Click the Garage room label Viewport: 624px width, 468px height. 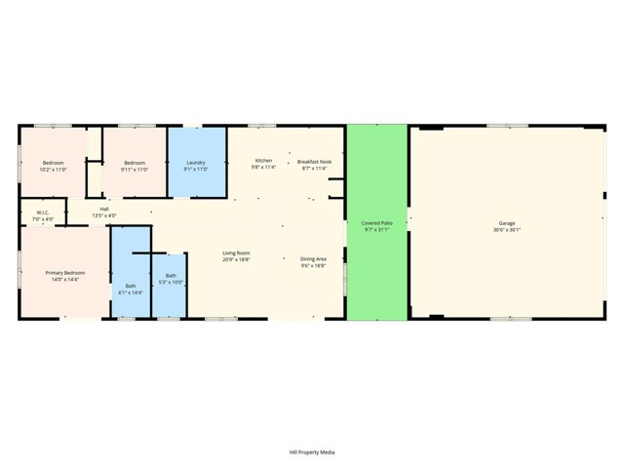(x=506, y=223)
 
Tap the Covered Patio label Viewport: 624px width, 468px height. (x=376, y=223)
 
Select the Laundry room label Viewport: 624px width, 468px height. (x=196, y=162)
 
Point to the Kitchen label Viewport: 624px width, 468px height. (x=263, y=160)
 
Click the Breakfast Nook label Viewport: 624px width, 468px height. (x=314, y=160)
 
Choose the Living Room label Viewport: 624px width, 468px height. (x=236, y=253)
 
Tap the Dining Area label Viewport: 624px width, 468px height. (x=313, y=253)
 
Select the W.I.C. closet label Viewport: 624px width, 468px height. (x=43, y=212)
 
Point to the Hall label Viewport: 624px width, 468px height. (x=103, y=208)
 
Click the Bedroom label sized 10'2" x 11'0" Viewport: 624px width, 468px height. (x=53, y=162)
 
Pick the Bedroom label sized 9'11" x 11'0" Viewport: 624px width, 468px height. (x=135, y=162)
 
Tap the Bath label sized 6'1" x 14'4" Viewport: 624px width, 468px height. (x=130, y=286)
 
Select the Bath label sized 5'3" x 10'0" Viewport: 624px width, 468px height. (x=171, y=275)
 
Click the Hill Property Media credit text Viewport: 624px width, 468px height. (x=312, y=451)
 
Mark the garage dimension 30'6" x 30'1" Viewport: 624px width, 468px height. (x=506, y=230)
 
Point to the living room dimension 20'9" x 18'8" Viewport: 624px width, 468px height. (x=236, y=259)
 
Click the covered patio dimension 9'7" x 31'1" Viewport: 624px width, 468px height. (x=376, y=230)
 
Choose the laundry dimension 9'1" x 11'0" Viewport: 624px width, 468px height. (x=196, y=169)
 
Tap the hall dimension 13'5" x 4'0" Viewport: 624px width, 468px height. (x=103, y=214)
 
